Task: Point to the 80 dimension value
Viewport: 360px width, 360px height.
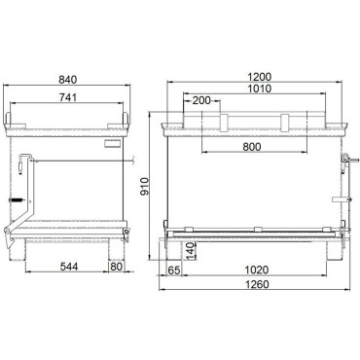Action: (117, 266)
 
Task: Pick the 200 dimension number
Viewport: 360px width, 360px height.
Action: (202, 100)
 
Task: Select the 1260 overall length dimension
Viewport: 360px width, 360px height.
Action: (257, 287)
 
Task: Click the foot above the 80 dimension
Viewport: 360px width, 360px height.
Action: (117, 243)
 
